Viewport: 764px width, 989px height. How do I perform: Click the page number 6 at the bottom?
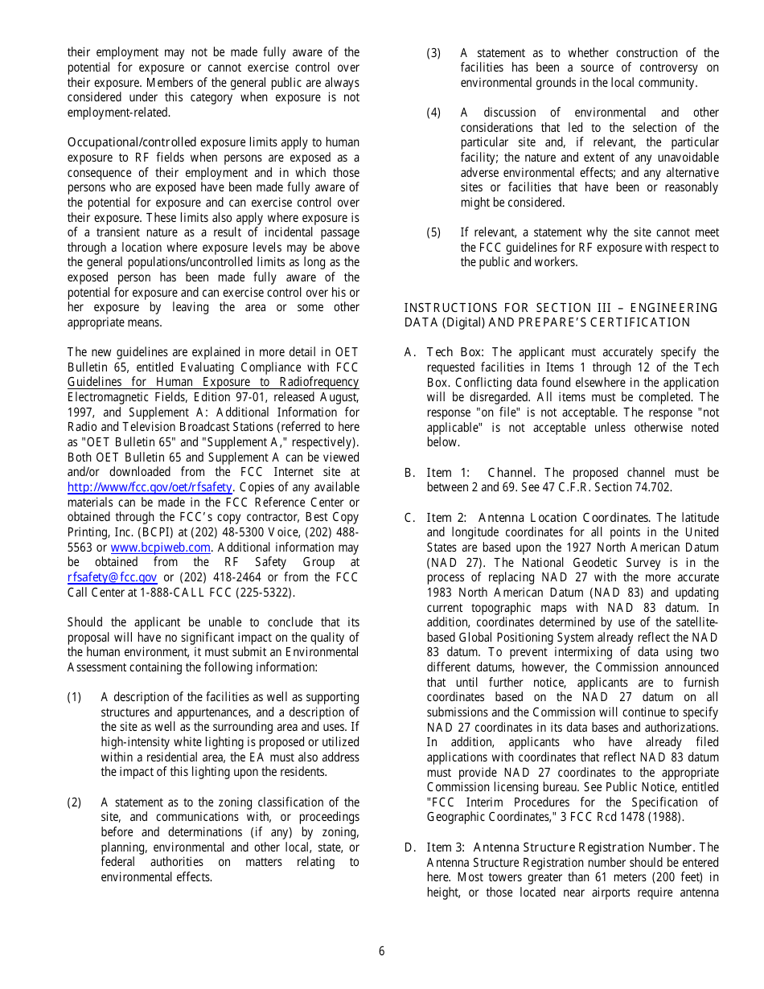point(381,951)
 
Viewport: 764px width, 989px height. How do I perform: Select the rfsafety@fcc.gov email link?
point(113,577)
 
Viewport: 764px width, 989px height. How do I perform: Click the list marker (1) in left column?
point(74,697)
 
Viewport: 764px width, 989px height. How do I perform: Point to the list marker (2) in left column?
point(74,802)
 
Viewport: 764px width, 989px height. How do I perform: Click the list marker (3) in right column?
point(433,53)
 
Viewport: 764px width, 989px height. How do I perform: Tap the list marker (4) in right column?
point(433,113)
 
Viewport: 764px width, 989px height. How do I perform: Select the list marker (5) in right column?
point(433,232)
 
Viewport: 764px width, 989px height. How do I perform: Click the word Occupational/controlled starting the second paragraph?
point(132,143)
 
